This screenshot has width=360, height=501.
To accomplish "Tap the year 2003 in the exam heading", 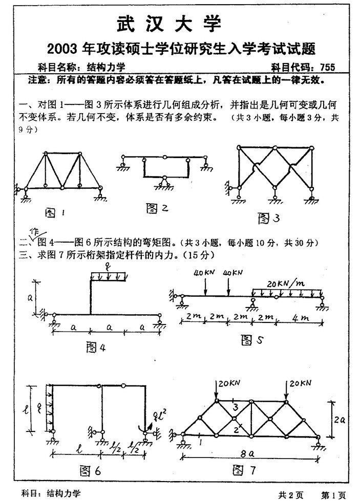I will click(x=61, y=49).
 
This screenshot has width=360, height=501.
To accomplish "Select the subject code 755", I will click(x=326, y=67).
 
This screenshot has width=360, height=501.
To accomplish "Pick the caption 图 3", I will click(x=268, y=219).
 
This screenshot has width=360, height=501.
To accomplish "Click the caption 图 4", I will click(x=95, y=347).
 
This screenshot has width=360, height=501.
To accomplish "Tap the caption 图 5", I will click(x=251, y=339).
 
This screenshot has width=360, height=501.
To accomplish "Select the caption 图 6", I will click(x=91, y=470).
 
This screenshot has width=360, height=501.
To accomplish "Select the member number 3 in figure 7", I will click(x=234, y=407).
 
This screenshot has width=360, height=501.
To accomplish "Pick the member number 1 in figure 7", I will click(x=200, y=440).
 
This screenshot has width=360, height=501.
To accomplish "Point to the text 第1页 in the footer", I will click(x=333, y=494).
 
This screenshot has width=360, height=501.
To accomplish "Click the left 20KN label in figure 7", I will click(x=226, y=383).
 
